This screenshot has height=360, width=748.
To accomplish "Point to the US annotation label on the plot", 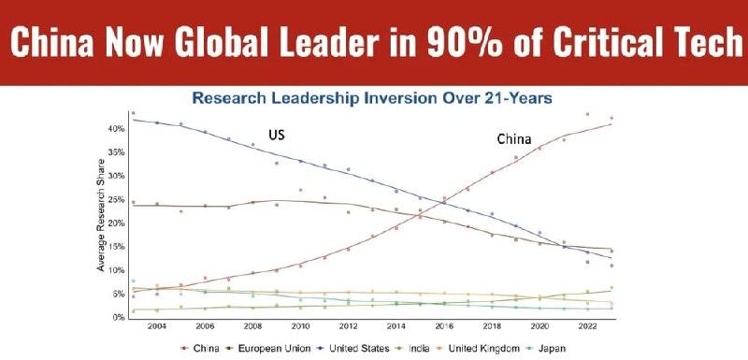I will pos(277,136).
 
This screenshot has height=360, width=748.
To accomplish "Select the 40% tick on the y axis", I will pos(118,128).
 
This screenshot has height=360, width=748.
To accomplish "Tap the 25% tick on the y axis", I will pos(118,199).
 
